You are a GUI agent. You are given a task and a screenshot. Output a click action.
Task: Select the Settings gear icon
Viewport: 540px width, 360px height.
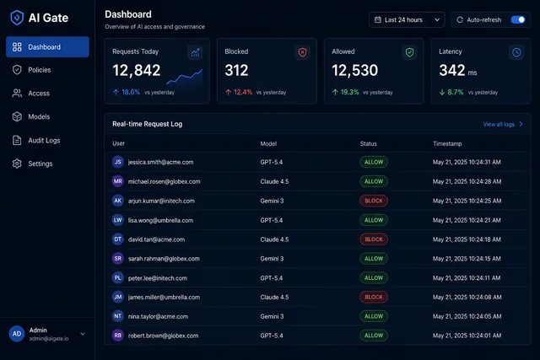(x=17, y=164)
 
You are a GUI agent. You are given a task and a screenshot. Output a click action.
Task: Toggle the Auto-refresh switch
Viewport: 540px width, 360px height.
(x=518, y=20)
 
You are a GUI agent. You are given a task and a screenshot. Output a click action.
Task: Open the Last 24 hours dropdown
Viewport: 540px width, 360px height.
(x=407, y=20)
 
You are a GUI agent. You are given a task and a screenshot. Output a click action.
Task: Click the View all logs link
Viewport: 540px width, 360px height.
(x=503, y=124)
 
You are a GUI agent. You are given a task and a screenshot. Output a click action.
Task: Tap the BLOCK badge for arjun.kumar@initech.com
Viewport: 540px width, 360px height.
(x=374, y=201)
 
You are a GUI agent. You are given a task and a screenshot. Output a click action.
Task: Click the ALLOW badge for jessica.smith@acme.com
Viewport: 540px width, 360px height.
(x=374, y=162)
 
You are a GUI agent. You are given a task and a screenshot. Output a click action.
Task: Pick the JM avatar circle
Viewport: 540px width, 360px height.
(x=118, y=297)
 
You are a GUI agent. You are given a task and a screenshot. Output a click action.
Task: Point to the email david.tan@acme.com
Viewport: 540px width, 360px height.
(x=156, y=239)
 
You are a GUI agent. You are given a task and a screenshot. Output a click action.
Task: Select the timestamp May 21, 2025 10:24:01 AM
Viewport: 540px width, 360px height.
(x=467, y=336)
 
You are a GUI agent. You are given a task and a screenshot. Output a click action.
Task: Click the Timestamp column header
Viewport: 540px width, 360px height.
(x=447, y=144)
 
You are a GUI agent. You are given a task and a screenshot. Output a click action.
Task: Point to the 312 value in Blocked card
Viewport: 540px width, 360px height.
(x=236, y=71)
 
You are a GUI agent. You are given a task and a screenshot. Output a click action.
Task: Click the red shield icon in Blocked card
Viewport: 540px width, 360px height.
(x=302, y=52)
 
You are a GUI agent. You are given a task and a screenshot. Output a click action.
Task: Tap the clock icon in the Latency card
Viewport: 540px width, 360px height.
(x=516, y=52)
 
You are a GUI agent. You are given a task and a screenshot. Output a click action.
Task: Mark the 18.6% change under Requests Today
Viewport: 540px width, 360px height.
(x=131, y=92)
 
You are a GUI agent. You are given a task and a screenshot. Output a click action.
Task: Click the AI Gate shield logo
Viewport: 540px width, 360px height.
(x=17, y=18)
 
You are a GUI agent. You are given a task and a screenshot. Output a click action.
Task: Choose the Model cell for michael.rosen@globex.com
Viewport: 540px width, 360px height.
(x=274, y=181)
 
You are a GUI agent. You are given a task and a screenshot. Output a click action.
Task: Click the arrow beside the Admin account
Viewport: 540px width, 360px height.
(x=83, y=334)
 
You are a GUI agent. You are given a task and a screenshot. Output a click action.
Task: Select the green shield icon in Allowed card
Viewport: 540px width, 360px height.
(x=409, y=52)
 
